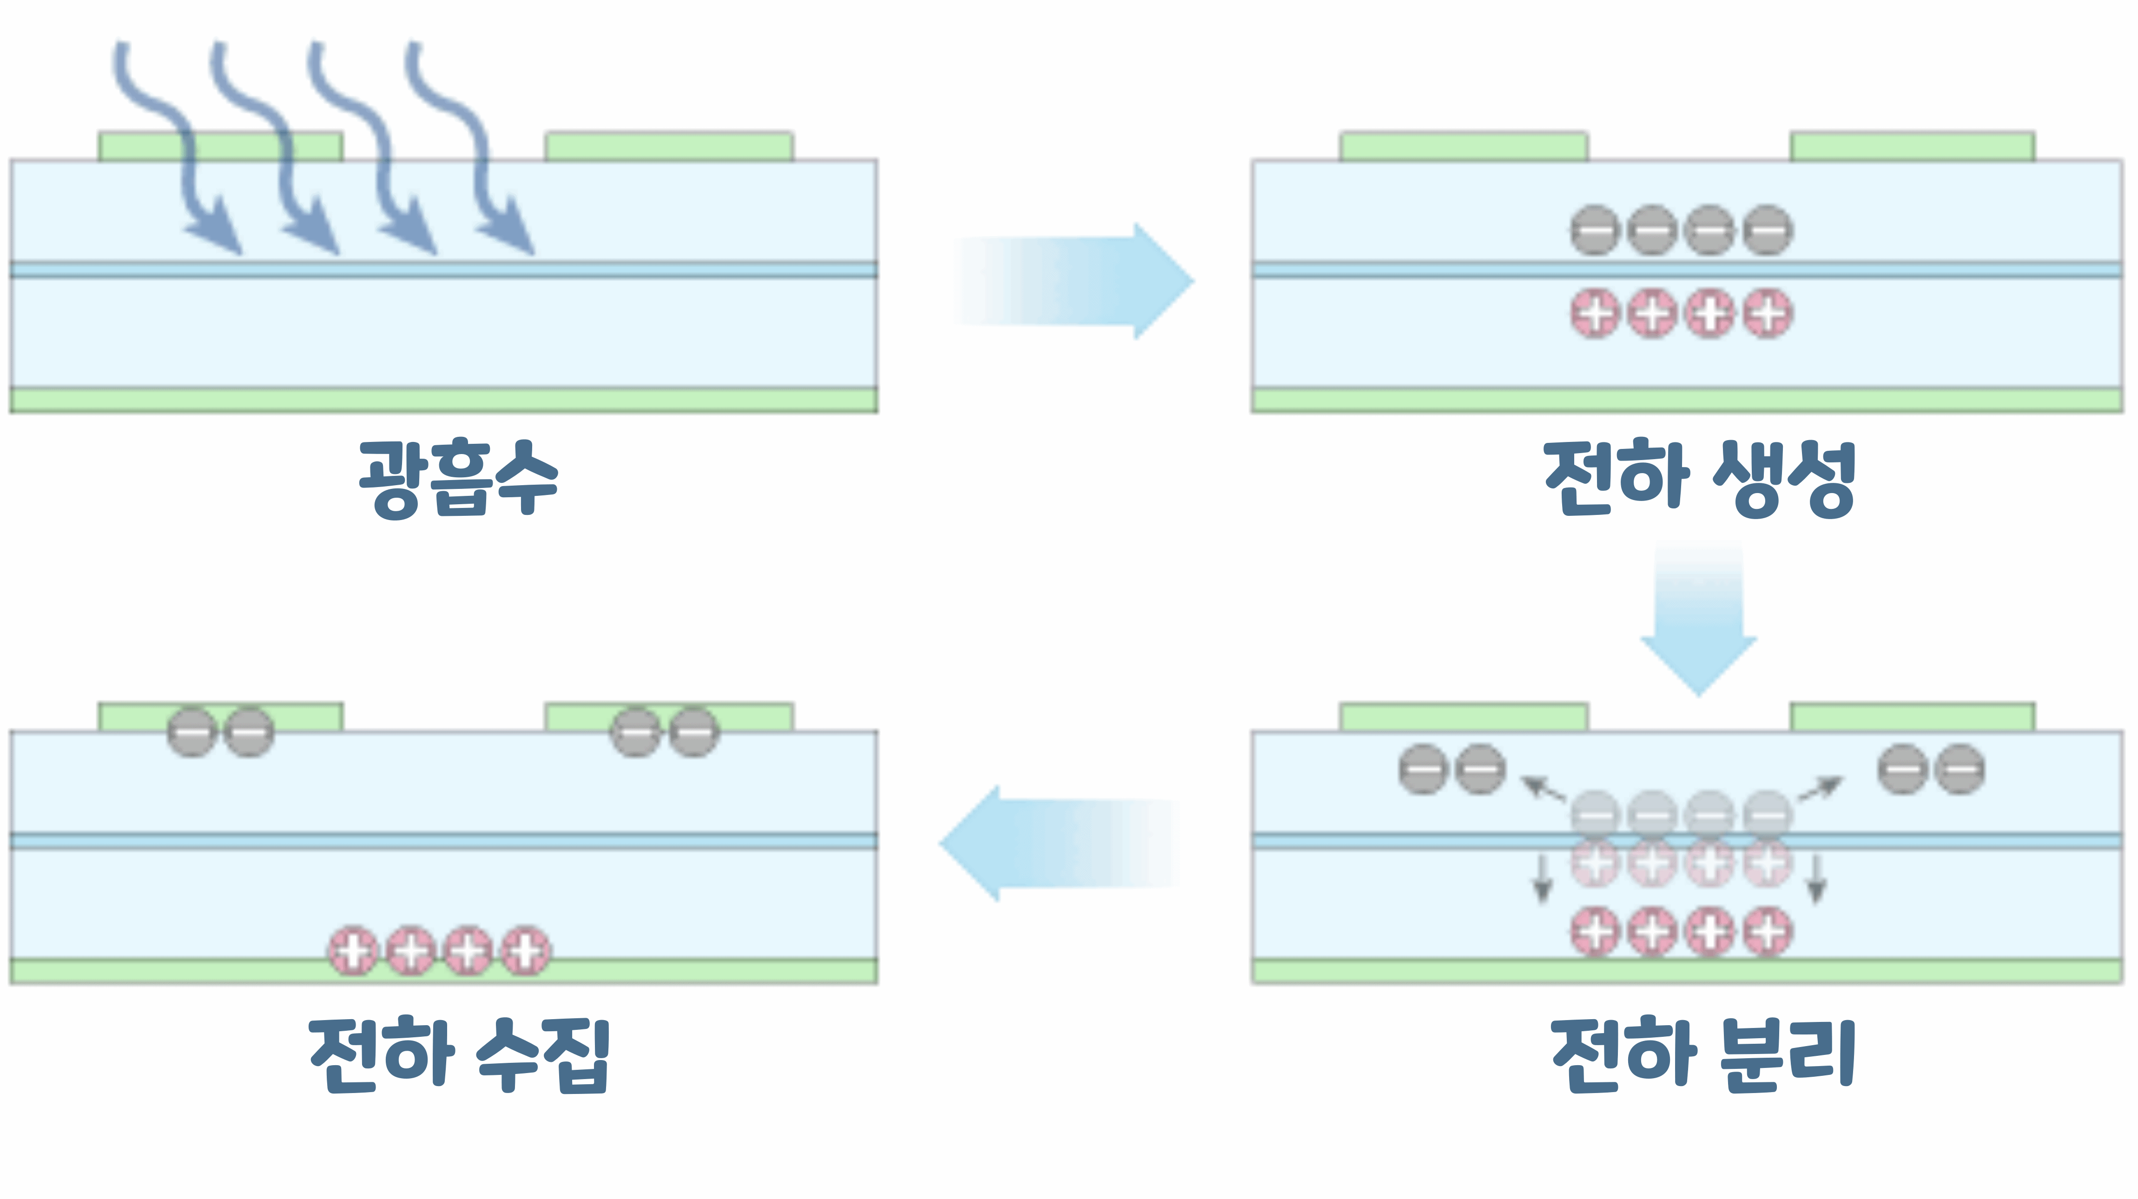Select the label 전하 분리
pyautogui.click(x=1703, y=1052)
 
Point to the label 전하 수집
pyautogui.click(x=460, y=1052)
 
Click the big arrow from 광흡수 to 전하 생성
pyautogui.click(x=1079, y=280)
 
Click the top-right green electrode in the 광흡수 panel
pyautogui.click(x=668, y=146)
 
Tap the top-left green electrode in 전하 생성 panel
pyautogui.click(x=1463, y=146)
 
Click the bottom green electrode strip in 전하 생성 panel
pyautogui.click(x=1687, y=400)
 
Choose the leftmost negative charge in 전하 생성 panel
pyautogui.click(x=1594, y=230)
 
